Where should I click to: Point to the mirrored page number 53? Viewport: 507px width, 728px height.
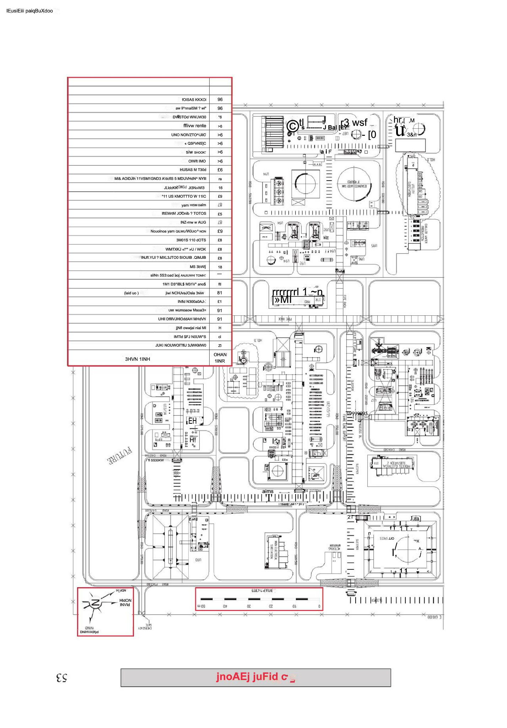[x=61, y=678]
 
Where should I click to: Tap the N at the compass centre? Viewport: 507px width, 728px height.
[x=95, y=603]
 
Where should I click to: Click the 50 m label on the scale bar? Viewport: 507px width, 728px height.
[x=201, y=606]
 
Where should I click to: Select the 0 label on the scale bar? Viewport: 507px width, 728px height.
[x=319, y=606]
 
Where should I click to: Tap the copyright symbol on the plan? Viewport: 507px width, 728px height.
[x=293, y=126]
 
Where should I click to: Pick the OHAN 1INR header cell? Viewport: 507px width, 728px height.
[x=220, y=358]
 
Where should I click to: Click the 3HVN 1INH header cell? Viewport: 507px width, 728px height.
[x=137, y=359]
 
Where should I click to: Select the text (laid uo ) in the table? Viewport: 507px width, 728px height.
[x=131, y=293]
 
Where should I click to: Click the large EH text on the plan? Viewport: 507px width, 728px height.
[x=192, y=421]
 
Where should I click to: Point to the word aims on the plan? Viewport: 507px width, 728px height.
[x=268, y=491]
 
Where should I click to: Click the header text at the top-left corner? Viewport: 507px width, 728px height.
[x=29, y=11]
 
